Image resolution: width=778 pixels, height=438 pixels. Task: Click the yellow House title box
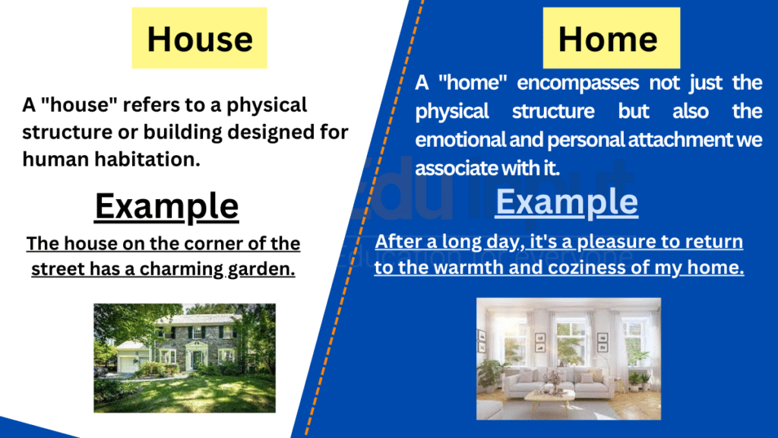coord(200,38)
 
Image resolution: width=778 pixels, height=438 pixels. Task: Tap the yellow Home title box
coord(612,38)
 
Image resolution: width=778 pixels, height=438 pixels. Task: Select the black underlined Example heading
coord(166,207)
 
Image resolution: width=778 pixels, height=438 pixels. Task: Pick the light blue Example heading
coord(567,202)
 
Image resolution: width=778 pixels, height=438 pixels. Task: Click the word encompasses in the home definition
coord(578,83)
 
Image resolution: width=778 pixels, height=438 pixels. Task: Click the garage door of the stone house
coord(127,364)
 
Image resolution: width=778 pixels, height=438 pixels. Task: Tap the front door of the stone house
coord(197,359)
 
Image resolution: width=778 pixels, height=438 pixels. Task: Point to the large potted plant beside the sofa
coord(489,374)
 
